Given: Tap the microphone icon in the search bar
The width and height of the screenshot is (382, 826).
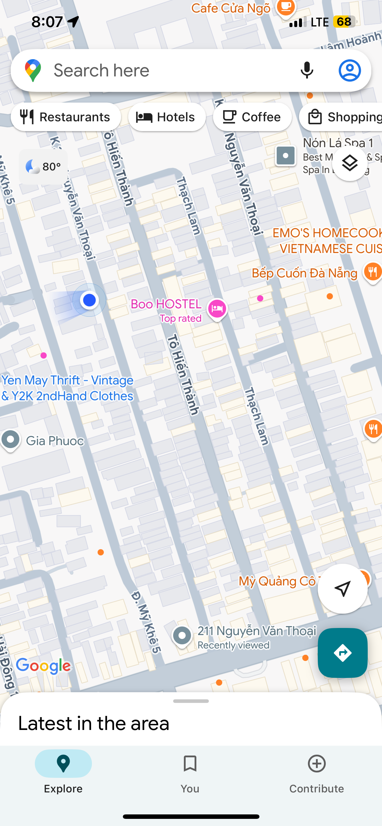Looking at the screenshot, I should coord(307,70).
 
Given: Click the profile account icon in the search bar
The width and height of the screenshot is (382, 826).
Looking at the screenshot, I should coord(350,70).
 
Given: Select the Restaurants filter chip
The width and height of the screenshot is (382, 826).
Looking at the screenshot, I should coord(66,117).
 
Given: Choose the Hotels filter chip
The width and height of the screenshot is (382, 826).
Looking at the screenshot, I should coord(167,117).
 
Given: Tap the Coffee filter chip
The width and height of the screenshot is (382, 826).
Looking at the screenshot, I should coord(252,117).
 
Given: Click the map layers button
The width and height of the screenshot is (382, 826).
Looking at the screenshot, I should coord(350,163).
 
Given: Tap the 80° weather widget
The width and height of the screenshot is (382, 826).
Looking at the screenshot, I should coord(43,167).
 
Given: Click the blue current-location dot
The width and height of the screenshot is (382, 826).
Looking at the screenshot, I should coord(89,300).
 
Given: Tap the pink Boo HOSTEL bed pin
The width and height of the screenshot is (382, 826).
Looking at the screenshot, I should coord(217,308).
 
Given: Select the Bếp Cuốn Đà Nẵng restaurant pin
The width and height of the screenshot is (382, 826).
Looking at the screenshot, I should coord(372,272).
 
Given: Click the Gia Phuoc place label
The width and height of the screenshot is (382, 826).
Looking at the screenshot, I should coord(54,441).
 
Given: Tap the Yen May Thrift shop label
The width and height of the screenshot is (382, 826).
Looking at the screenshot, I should coord(67,388).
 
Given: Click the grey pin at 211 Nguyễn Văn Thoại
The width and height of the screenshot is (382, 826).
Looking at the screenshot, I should coord(182,635).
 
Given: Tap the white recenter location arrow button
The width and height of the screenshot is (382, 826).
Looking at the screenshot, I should coord(342,589).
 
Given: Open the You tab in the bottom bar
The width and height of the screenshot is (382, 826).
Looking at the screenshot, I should coord(190,773).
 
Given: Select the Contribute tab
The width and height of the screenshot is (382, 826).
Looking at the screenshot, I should coord(317,773).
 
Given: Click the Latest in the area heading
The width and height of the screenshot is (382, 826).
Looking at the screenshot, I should coord(94,724).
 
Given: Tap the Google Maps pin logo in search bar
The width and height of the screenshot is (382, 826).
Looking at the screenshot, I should coord(33,70).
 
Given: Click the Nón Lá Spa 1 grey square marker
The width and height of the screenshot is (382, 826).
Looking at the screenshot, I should coord(285,156).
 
